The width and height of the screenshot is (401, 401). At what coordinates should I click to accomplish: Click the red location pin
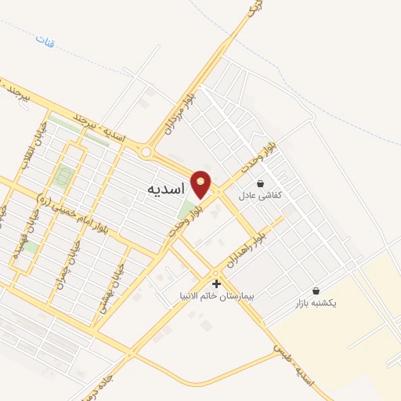click(x=201, y=182)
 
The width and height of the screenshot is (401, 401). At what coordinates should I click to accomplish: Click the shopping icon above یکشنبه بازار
click(x=316, y=291)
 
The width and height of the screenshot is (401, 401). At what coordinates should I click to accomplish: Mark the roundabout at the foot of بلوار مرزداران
click(x=146, y=151)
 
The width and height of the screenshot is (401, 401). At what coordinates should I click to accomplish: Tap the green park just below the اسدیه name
click(x=186, y=210)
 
